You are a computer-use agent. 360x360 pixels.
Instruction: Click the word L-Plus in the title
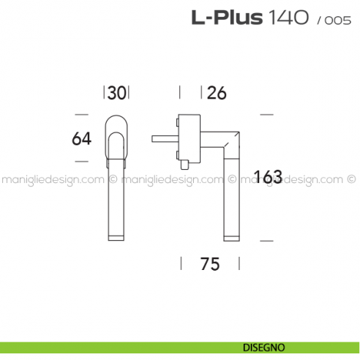point(227,18)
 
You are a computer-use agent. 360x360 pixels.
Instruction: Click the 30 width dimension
point(117,93)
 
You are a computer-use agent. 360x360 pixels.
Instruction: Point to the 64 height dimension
point(82,138)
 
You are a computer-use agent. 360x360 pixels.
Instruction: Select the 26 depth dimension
point(216,93)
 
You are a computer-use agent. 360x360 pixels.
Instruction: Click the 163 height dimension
point(267,177)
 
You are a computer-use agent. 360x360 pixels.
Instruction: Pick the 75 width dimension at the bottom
point(209,265)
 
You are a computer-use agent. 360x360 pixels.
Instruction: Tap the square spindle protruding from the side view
point(162,137)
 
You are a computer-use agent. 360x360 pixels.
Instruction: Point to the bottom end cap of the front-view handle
point(117,236)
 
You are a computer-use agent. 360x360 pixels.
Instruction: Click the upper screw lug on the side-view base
point(178,121)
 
